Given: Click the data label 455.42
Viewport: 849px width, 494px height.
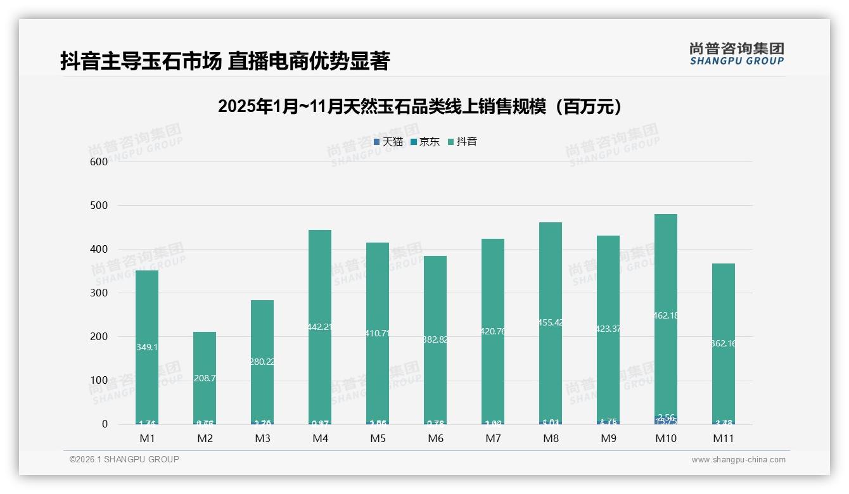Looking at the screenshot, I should (x=551, y=322).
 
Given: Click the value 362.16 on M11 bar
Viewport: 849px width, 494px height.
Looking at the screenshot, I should (x=723, y=343).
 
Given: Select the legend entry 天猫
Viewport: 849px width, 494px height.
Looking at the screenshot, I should (x=388, y=142).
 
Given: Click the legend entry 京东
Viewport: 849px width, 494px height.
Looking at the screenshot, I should (x=425, y=142).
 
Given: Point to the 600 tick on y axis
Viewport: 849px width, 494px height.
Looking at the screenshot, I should (x=99, y=161).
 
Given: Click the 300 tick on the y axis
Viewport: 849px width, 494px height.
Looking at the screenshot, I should (x=99, y=293).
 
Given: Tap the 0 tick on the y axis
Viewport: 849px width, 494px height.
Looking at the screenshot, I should (x=105, y=424).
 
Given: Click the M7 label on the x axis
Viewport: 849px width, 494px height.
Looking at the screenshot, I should (x=493, y=438).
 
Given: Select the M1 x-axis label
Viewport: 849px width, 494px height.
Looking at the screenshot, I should (x=147, y=438).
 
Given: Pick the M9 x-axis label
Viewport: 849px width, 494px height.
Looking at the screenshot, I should (x=608, y=438).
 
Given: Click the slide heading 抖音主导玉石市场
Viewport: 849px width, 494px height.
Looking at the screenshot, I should (x=224, y=61).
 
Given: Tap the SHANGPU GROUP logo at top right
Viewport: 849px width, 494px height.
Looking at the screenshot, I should (x=736, y=54).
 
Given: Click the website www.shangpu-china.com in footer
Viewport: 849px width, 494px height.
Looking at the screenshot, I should (x=738, y=460).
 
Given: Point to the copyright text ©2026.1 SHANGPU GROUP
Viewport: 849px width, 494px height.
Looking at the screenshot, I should (x=124, y=459).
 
